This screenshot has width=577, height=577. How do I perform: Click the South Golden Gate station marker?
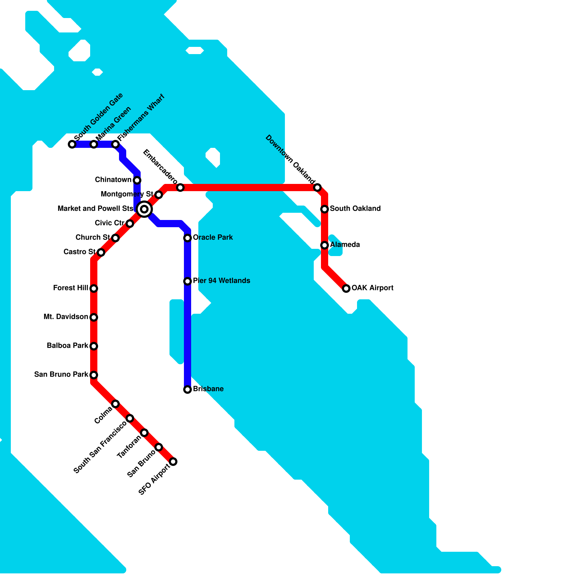click(x=72, y=144)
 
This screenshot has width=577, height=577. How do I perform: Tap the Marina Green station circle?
click(x=94, y=144)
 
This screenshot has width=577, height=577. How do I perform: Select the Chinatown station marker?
click(x=137, y=180)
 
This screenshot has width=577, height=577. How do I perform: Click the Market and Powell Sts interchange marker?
click(x=144, y=209)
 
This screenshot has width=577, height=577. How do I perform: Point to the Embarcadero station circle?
click(x=180, y=188)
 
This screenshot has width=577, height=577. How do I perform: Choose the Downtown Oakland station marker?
click(x=317, y=188)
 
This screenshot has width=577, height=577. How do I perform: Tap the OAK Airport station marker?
click(x=346, y=288)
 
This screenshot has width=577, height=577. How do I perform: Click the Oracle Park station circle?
click(x=188, y=238)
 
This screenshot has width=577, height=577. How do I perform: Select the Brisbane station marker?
click(x=188, y=389)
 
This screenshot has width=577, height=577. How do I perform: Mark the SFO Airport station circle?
click(x=173, y=462)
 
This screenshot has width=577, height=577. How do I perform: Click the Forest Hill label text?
click(x=70, y=288)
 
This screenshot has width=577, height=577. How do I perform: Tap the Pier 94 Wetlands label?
click(x=221, y=281)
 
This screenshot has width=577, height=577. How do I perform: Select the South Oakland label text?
click(x=355, y=208)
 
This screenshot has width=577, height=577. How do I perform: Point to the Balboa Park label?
click(x=67, y=345)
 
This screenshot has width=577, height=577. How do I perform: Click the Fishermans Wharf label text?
click(x=141, y=117)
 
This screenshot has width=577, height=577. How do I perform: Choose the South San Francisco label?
click(x=100, y=447)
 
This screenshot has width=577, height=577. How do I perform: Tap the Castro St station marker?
click(x=101, y=252)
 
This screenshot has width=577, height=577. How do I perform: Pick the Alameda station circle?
click(x=325, y=245)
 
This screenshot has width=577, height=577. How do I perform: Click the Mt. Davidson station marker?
click(x=94, y=317)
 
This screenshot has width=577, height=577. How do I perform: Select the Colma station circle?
click(x=115, y=404)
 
